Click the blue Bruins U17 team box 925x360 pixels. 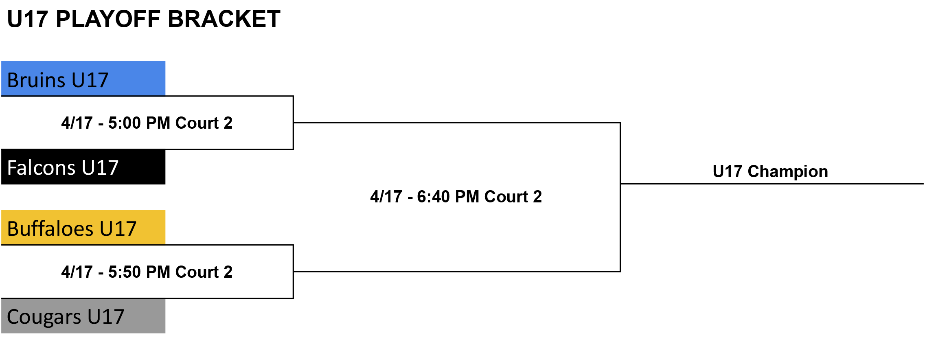(x=83, y=79)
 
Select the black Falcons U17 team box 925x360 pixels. (x=83, y=167)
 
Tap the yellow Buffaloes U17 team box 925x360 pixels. (x=83, y=227)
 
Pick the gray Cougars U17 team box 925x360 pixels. (x=83, y=316)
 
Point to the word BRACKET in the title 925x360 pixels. (x=224, y=19)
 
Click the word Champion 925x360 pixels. (x=788, y=172)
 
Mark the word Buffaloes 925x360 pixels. (x=50, y=228)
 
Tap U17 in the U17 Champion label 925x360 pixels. (x=728, y=171)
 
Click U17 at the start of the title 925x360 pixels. (x=28, y=19)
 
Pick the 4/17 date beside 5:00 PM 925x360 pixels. (x=77, y=123)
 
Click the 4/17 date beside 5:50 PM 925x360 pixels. (x=77, y=272)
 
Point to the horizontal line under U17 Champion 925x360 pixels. (x=772, y=184)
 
